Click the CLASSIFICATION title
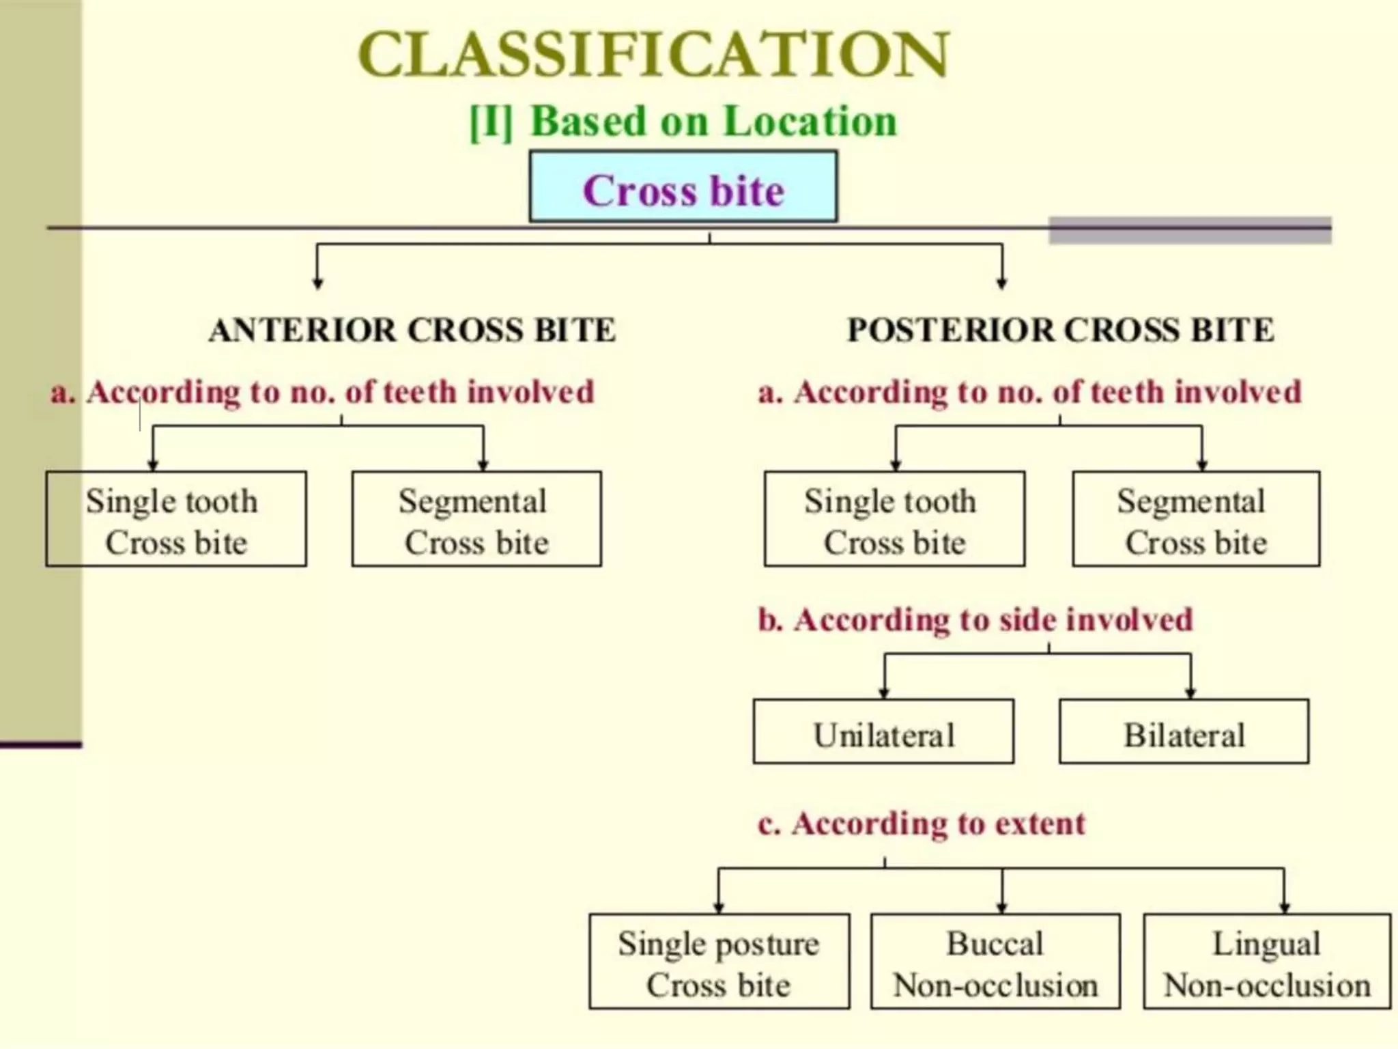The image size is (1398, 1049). (653, 55)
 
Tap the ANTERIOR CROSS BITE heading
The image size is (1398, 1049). (412, 331)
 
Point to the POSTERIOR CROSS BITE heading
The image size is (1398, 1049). (1060, 331)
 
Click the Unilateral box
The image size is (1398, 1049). (883, 731)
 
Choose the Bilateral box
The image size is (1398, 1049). (1184, 731)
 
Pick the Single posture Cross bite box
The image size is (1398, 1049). (719, 962)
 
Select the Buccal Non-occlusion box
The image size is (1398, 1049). (995, 962)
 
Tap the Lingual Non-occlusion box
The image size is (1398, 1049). (1267, 962)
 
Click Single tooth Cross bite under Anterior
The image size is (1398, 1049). (176, 519)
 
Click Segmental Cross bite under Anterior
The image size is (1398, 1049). (476, 519)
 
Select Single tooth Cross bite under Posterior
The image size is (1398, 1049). (894, 519)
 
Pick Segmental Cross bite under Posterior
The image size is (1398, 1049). (1196, 519)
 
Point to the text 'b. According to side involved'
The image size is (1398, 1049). (975, 620)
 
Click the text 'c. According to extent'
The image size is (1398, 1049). (922, 824)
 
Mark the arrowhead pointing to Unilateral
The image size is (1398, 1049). (884, 693)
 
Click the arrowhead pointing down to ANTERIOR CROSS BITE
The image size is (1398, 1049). (317, 283)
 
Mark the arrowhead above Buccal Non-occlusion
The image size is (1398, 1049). (1002, 908)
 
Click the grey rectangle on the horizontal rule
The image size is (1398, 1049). (1190, 230)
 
